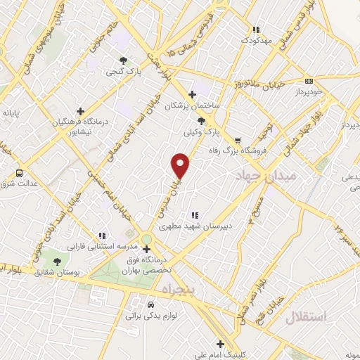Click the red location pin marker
click(181, 165)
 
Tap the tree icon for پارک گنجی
click(124, 60)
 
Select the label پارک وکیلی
click(198, 131)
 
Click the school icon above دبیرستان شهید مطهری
click(194, 215)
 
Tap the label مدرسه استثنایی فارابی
click(98, 247)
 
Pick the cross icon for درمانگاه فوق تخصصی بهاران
click(146, 249)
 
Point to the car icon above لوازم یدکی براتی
click(150, 305)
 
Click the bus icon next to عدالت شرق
click(19, 172)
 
